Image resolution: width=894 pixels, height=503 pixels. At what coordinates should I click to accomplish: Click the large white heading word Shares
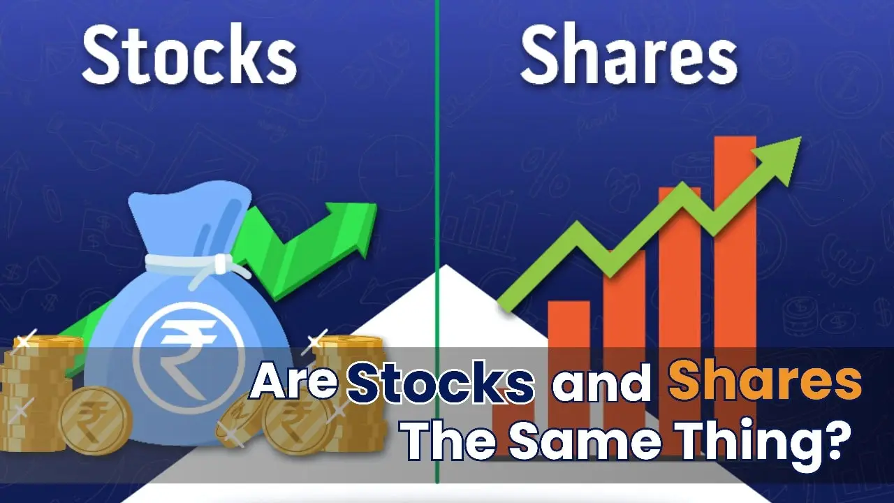coord(629,56)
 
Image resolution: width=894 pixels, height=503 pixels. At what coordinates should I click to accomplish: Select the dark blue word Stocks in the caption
coord(441,384)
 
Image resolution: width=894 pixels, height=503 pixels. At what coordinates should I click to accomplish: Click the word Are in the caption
coord(294,383)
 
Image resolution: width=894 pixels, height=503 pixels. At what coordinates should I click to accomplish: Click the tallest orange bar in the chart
coord(735,279)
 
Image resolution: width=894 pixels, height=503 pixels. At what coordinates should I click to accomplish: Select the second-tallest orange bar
coord(679,293)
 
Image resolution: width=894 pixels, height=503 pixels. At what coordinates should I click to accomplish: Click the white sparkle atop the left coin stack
coord(25,342)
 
